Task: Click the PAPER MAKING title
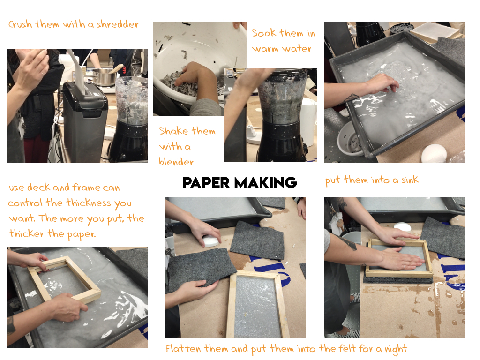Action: tap(240, 182)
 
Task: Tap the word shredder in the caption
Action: tap(117, 24)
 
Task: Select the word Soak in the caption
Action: tap(263, 33)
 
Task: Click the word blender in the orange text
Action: tap(176, 162)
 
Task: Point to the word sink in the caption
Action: tap(410, 180)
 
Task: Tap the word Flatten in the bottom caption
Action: tap(183, 348)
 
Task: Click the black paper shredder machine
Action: tap(85, 121)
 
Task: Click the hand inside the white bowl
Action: tap(192, 76)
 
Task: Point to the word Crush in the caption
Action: tap(20, 24)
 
